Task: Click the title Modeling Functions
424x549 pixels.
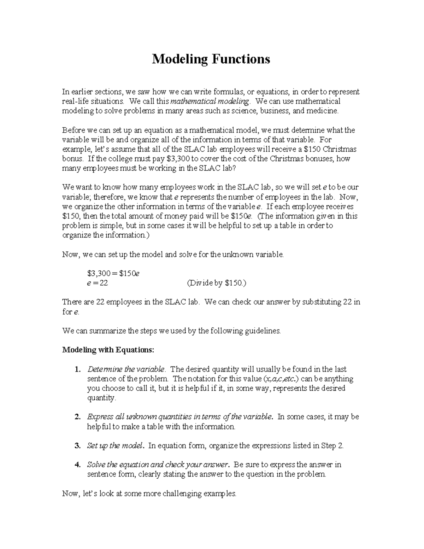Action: click(211, 59)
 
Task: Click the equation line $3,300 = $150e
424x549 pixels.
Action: click(113, 273)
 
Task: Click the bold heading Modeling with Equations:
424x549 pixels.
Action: click(108, 350)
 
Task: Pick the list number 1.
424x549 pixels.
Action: click(77, 369)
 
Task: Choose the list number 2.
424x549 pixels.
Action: click(77, 417)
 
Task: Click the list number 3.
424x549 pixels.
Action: click(77, 446)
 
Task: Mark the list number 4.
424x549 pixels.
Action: click(77, 465)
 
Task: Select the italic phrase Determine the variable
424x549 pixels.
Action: click(126, 369)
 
